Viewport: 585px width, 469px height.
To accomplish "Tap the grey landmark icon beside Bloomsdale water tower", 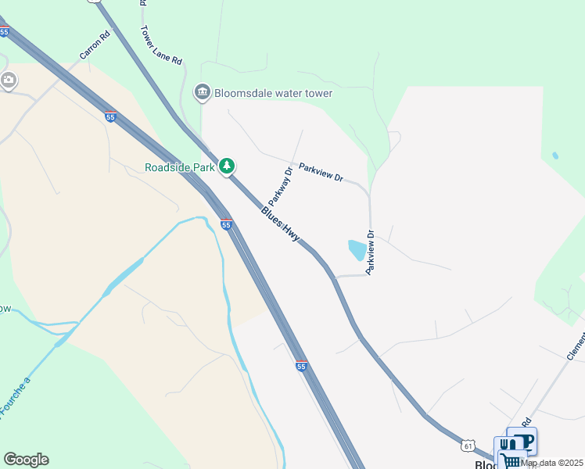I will [x=203, y=93].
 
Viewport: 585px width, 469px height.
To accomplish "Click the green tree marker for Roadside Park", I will [x=227, y=166].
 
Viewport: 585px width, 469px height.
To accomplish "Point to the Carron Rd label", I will [x=95, y=45].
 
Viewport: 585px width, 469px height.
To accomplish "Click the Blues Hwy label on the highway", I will [x=281, y=224].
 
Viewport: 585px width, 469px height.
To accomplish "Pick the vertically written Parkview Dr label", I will [x=371, y=250].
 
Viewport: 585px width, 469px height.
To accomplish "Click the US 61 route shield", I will [x=468, y=445].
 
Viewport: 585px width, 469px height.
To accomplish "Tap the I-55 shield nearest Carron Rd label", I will [x=110, y=117].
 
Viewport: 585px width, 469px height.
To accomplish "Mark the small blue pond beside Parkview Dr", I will [x=356, y=250].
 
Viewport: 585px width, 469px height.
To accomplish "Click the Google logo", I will [x=26, y=460].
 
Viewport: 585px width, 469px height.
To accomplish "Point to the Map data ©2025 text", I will [x=551, y=463].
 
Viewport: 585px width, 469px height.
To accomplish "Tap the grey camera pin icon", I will [x=9, y=80].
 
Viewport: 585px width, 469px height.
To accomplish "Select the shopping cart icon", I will [x=511, y=461].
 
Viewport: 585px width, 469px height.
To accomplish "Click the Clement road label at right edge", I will [x=576, y=344].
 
